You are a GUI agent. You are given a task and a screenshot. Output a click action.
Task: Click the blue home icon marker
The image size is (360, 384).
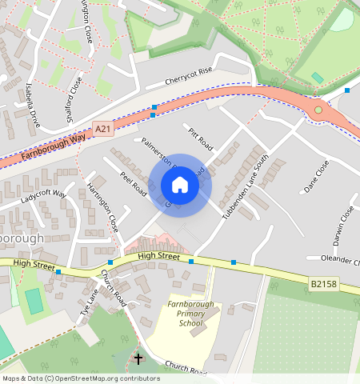click(180, 185)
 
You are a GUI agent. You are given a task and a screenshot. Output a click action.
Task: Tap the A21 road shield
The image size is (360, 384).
click(102, 129)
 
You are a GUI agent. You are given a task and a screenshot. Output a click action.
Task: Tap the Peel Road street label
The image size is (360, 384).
click(133, 183)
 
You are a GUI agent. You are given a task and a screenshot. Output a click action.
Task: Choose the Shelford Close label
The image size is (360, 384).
click(74, 95)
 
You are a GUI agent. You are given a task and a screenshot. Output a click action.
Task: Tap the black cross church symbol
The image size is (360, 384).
click(138, 358)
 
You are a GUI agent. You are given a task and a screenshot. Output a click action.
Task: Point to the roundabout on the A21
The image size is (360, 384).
click(318, 110)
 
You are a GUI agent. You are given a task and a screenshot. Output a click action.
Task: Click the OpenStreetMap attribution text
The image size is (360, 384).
click(81, 378)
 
